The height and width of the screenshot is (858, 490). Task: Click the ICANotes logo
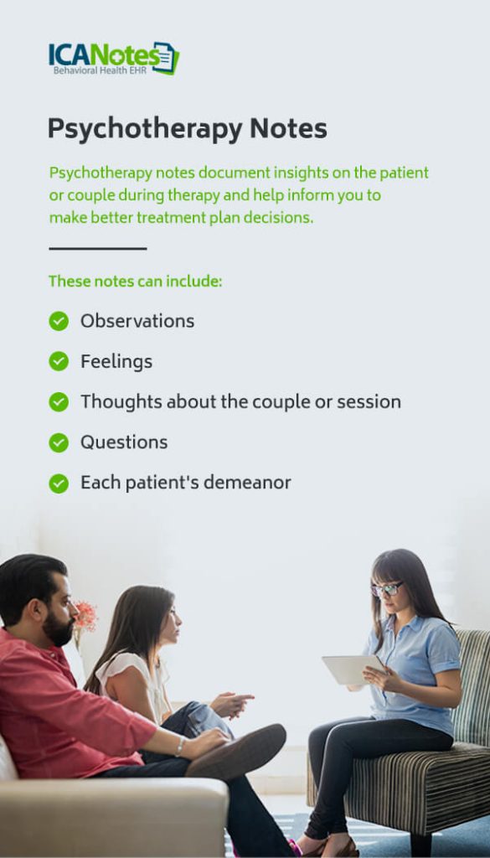point(113,58)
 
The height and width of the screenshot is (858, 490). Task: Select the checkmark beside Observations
point(59,321)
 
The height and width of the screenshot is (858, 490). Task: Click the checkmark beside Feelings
point(59,361)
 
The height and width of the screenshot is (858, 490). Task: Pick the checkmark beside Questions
point(59,442)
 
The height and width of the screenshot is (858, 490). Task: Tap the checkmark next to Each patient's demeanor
point(59,483)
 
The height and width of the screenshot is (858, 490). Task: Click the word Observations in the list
point(137,321)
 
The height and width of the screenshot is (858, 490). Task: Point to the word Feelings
point(116,361)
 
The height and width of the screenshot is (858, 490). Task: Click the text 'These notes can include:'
point(135,282)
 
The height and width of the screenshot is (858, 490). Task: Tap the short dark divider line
point(97,249)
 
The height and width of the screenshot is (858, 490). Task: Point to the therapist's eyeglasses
point(385,589)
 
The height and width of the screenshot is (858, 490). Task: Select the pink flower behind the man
point(85,617)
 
